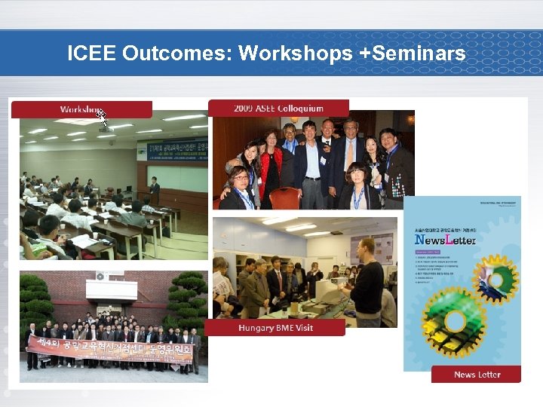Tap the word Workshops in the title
click(295, 54)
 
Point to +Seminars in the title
click(412, 54)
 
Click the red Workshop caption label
click(81, 109)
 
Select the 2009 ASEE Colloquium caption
click(278, 109)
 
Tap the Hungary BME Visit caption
click(275, 328)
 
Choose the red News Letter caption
click(476, 375)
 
